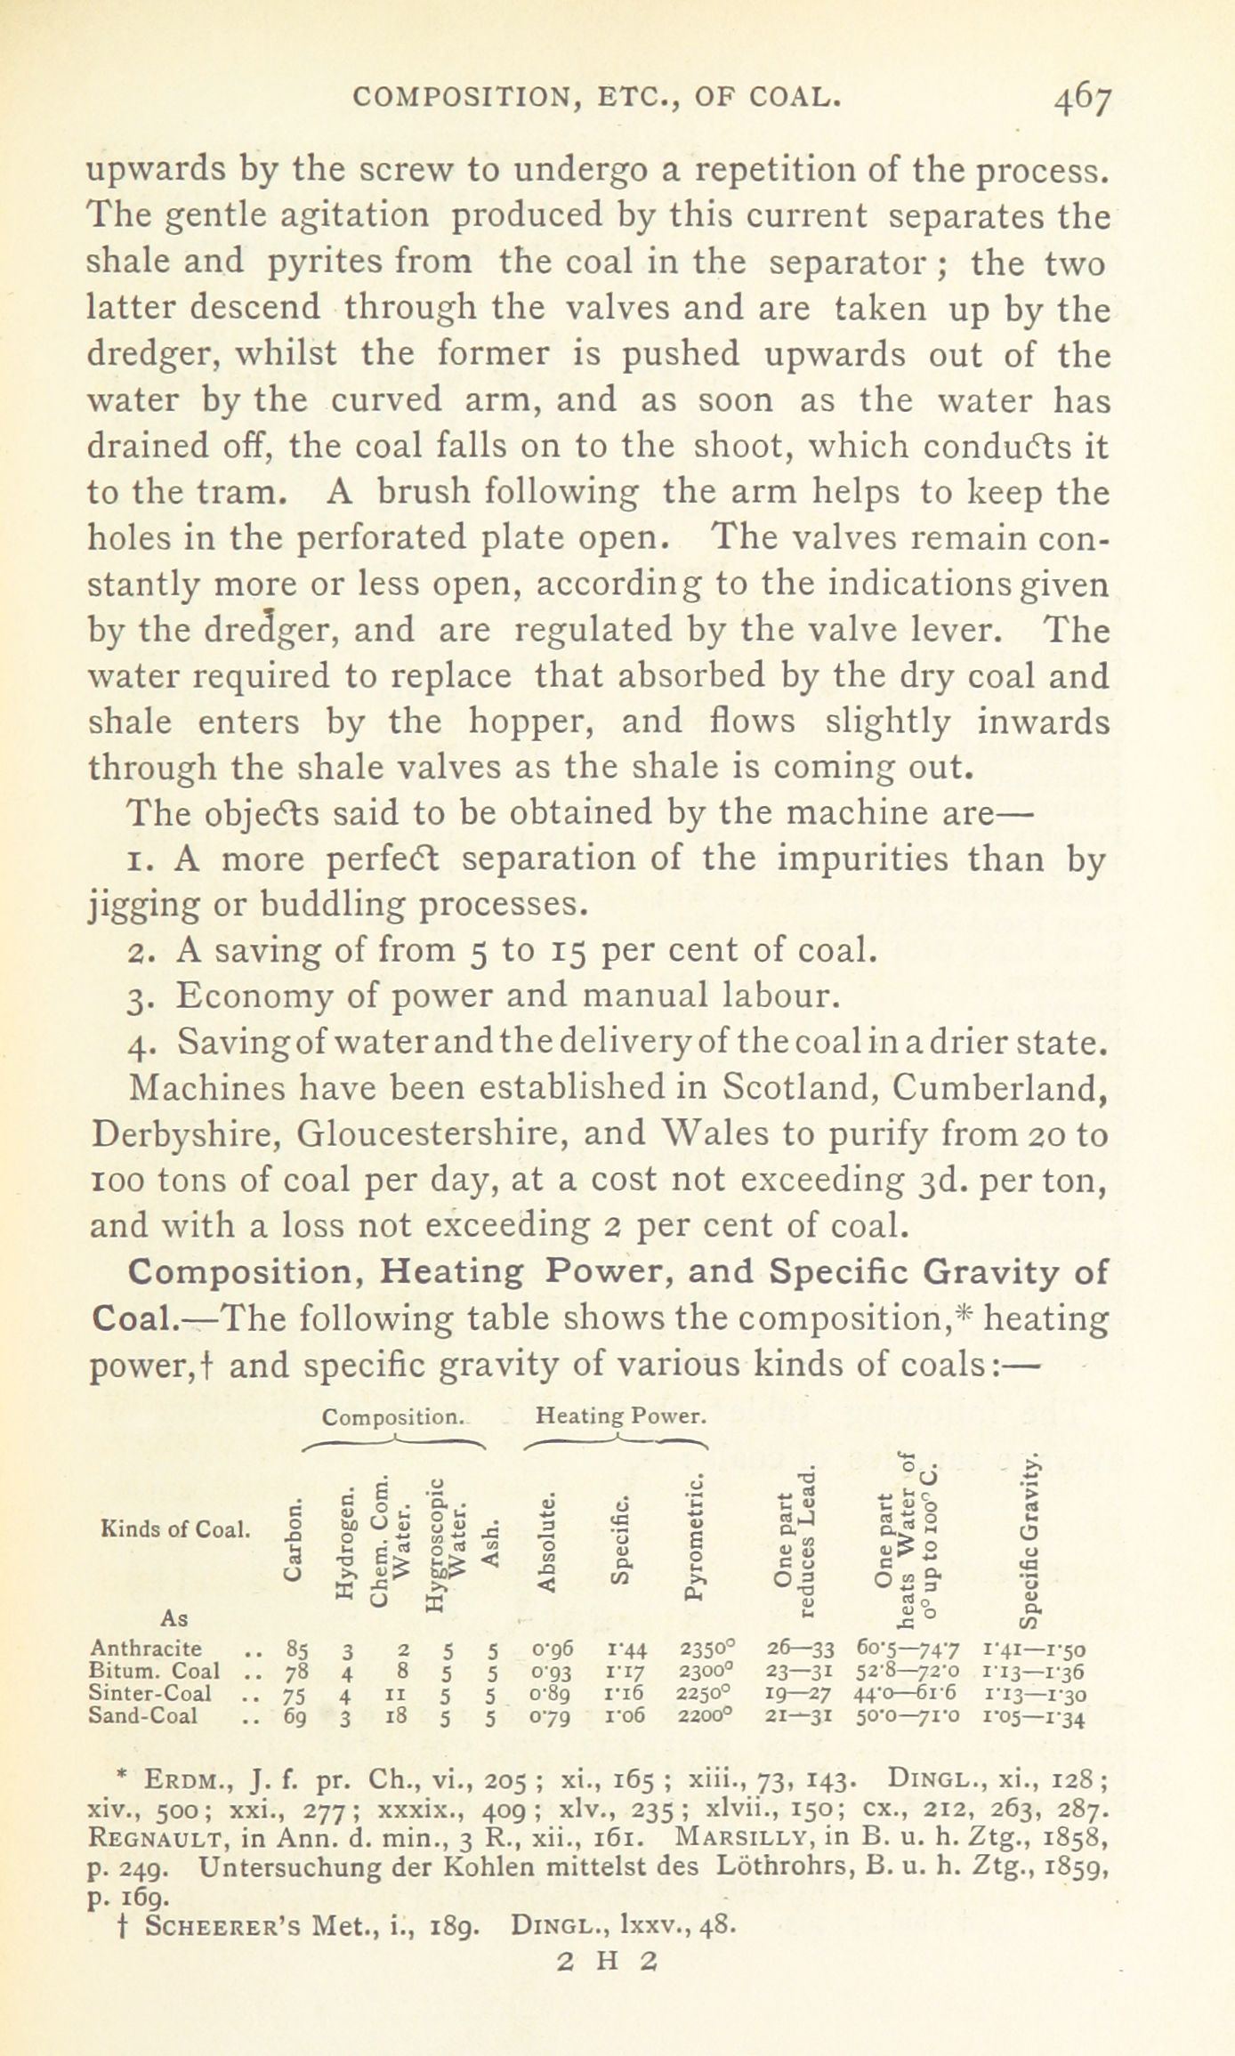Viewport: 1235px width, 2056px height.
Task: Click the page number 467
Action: click(x=1081, y=100)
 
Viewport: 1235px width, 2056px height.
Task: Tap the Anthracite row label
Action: click(x=146, y=1648)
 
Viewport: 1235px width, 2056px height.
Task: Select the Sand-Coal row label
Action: click(x=143, y=1715)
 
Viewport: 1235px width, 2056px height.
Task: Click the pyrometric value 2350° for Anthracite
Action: click(x=708, y=1649)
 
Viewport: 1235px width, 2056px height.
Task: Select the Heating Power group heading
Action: click(x=622, y=1415)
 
